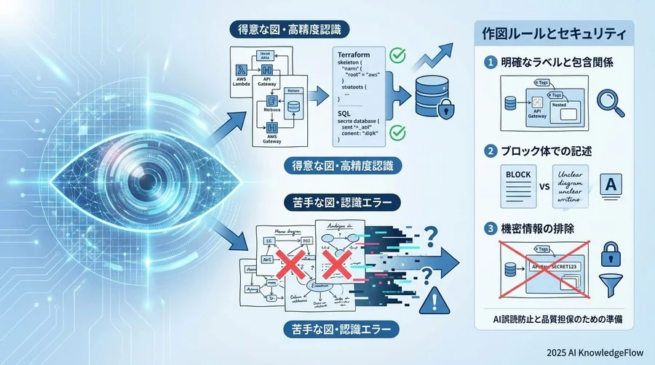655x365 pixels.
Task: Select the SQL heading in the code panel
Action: [346, 114]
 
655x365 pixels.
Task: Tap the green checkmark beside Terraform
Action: [397, 55]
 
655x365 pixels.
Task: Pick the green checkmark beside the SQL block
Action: [397, 132]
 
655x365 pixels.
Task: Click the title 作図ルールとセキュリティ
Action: [555, 33]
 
